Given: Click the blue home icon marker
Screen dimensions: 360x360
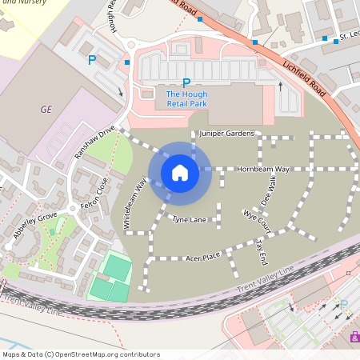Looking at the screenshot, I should (180, 172).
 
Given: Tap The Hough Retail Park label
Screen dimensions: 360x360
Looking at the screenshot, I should (186, 98).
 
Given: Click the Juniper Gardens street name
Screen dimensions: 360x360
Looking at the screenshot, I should (227, 133).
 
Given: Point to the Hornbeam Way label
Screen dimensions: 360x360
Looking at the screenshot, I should (262, 170).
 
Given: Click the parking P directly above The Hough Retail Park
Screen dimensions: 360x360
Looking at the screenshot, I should (186, 82).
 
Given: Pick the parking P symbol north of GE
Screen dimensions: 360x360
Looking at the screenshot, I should (92, 59).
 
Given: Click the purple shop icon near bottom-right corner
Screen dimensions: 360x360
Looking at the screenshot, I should (355, 337).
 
